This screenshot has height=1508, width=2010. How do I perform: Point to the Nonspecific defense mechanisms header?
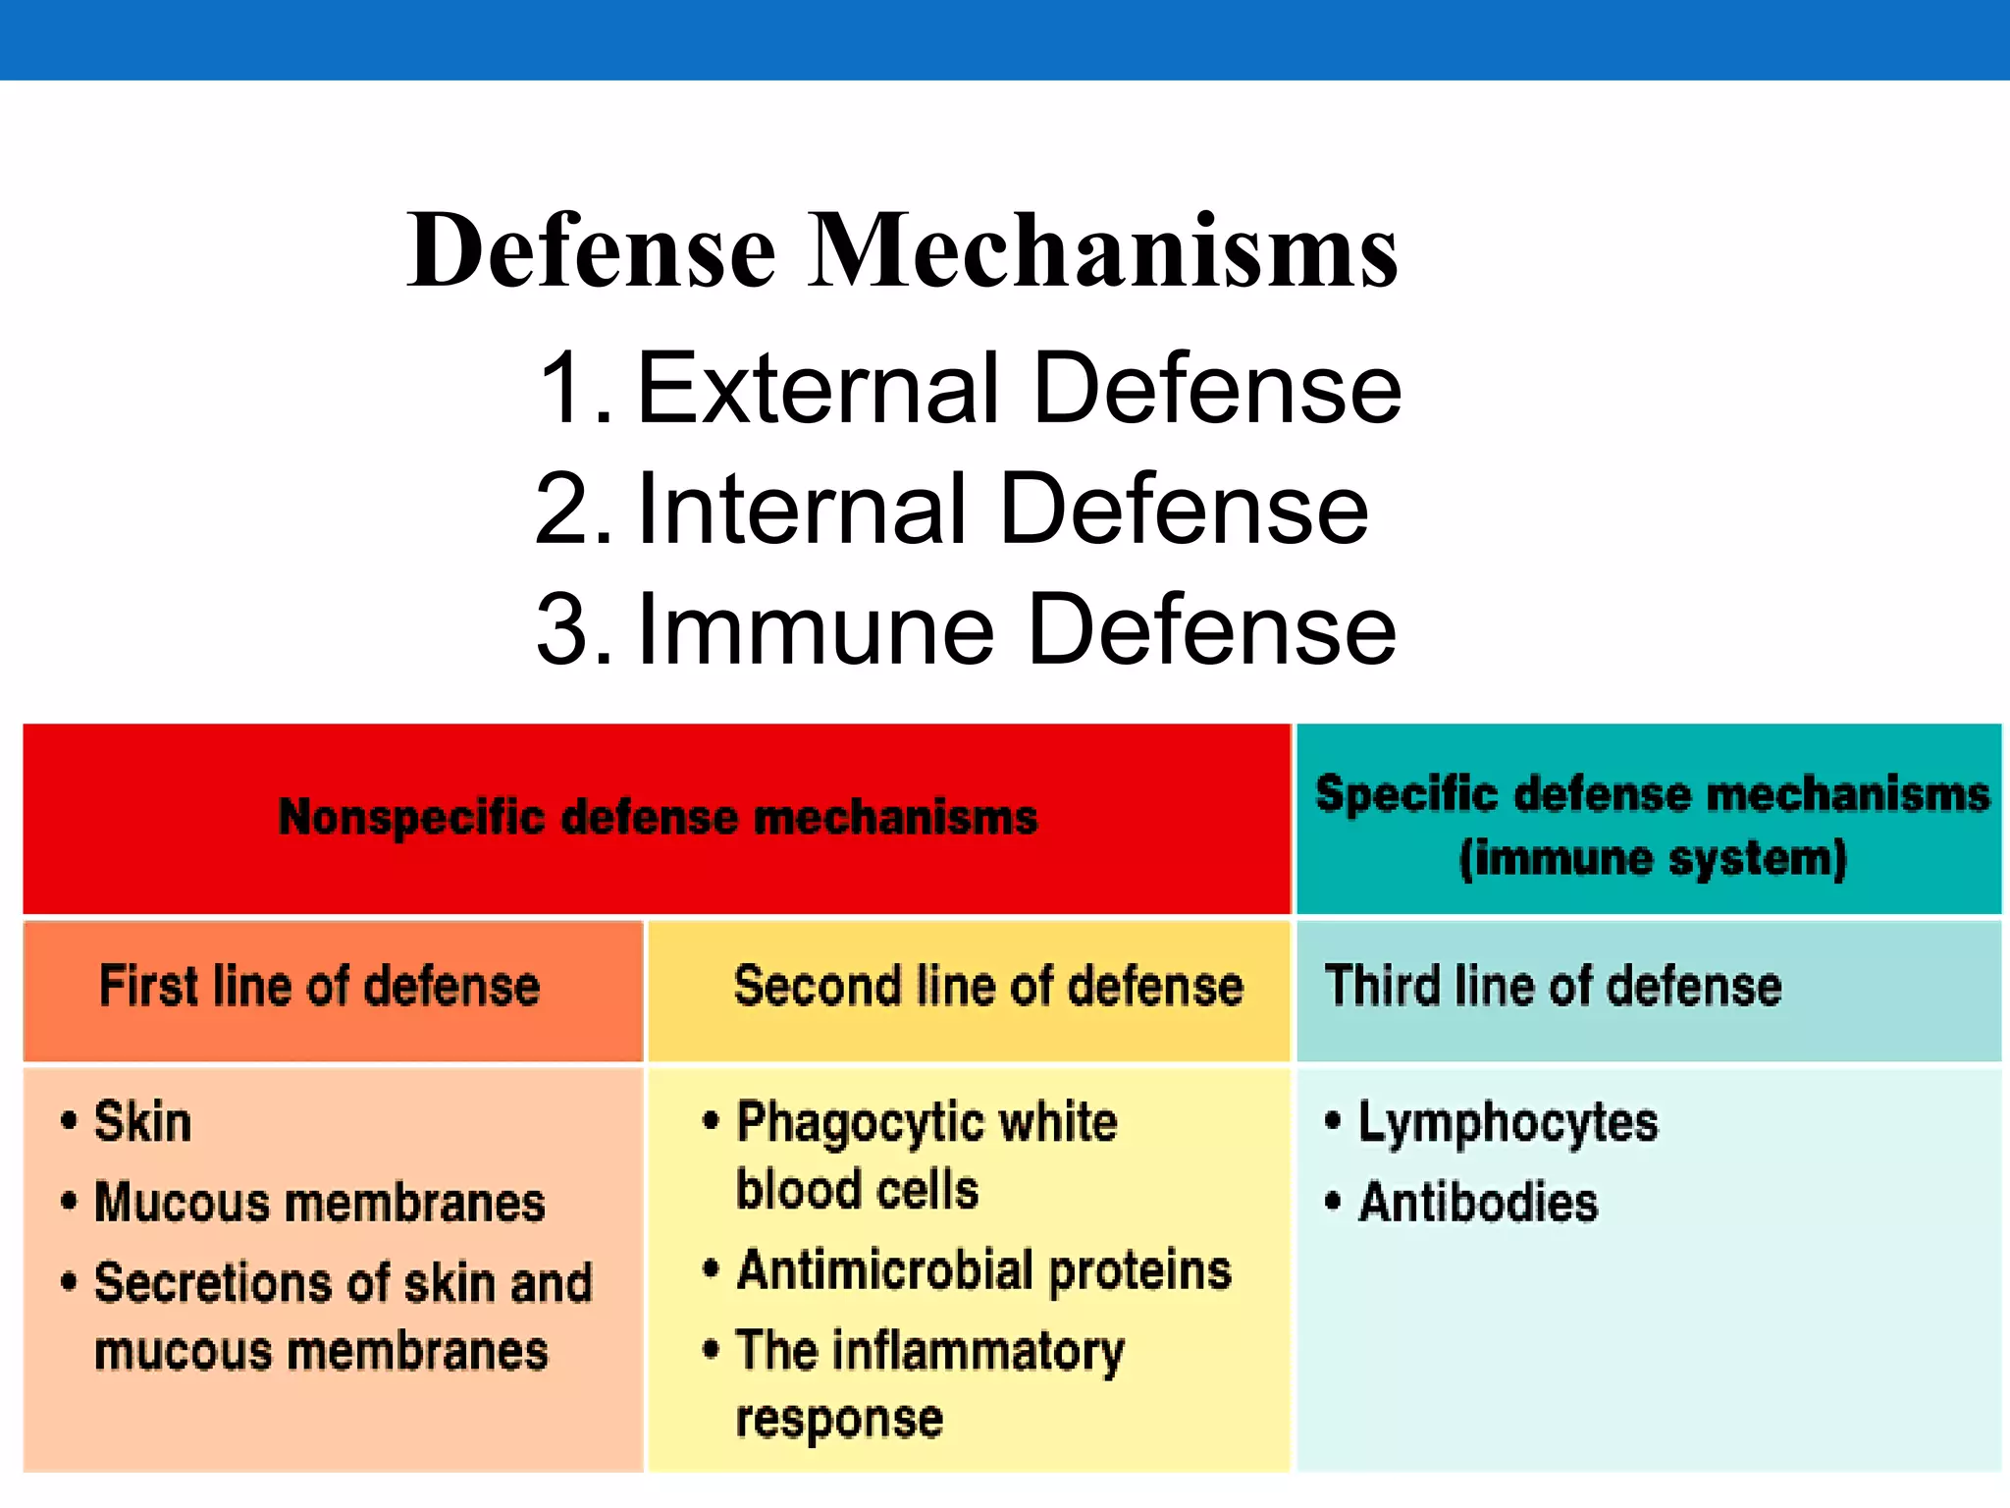point(658,817)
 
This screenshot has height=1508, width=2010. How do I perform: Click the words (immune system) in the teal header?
point(1653,858)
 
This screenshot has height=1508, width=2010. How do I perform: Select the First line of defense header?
point(320,986)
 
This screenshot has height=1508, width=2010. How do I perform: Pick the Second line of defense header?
point(988,986)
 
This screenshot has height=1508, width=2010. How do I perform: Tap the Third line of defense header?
point(1553,986)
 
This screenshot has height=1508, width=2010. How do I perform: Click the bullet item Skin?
point(142,1121)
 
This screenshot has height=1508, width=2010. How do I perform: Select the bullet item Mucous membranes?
point(319,1202)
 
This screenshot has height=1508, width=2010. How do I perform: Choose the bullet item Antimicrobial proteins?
point(983,1269)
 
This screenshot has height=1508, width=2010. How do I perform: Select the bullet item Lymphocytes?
point(1507,1123)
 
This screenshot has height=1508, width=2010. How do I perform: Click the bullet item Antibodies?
point(1478,1202)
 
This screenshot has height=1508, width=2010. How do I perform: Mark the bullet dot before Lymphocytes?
point(1332,1120)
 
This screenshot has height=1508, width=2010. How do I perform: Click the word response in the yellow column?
point(839,1420)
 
